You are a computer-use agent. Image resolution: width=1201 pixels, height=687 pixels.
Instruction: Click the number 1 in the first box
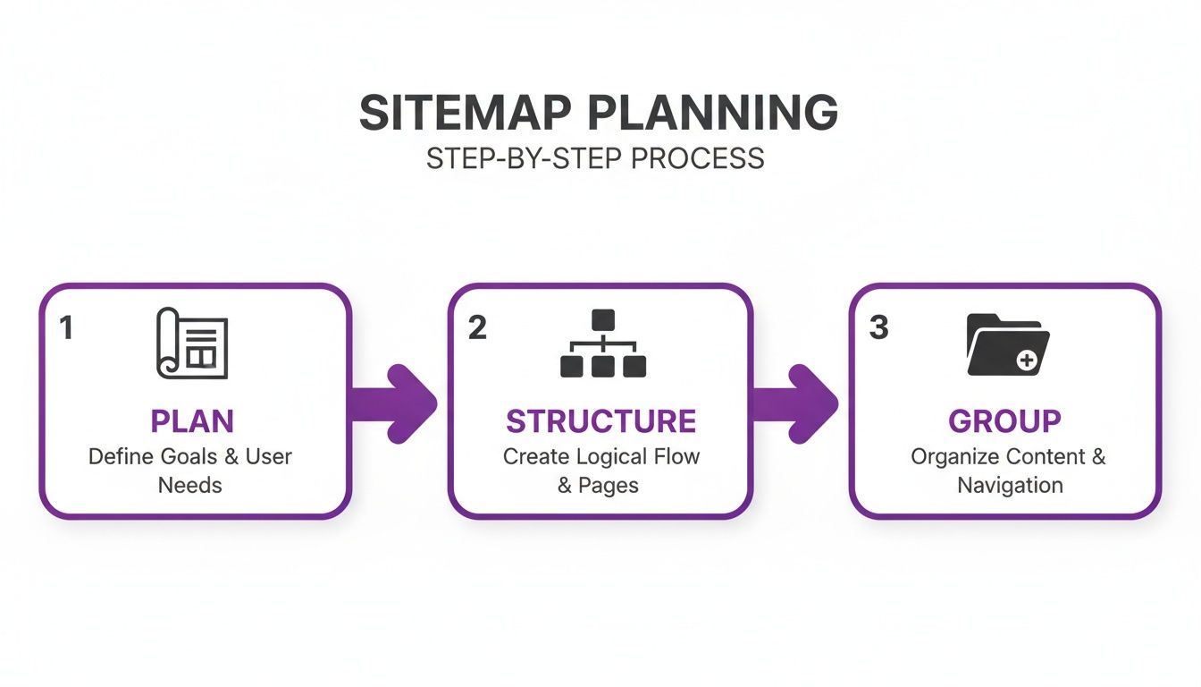click(65, 328)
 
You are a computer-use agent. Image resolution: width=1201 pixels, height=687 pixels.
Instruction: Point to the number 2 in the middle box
click(477, 328)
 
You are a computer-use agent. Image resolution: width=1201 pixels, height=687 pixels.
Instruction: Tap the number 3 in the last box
click(879, 328)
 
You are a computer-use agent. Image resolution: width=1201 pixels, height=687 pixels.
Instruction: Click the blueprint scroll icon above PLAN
click(192, 343)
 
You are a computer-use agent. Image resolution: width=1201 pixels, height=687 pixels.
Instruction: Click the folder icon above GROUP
click(1008, 344)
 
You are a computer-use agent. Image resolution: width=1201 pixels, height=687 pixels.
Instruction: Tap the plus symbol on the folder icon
click(1027, 360)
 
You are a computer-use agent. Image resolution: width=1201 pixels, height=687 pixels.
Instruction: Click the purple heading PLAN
click(192, 421)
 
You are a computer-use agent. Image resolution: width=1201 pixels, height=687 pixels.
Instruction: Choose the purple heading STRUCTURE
click(601, 421)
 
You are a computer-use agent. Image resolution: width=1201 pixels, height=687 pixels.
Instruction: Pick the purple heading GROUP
click(1004, 421)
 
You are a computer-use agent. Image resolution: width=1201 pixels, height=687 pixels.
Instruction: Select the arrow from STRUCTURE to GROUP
click(797, 403)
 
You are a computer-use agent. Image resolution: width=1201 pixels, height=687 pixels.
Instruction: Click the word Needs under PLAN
click(190, 485)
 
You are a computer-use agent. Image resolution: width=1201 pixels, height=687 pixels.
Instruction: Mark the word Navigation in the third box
click(1010, 485)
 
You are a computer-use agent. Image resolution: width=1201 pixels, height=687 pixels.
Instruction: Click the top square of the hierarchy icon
click(603, 318)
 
